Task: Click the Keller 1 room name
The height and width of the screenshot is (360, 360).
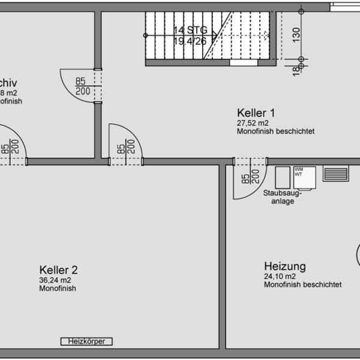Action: point(256,113)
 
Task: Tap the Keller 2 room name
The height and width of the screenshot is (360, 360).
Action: point(58,270)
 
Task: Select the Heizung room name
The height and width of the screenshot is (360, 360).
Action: point(285,266)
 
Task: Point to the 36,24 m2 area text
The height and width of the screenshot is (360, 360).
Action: point(55,280)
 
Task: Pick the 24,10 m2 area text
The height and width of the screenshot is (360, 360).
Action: point(280,277)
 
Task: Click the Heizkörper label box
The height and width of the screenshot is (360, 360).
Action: point(87,341)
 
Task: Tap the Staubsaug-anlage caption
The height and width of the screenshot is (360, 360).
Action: point(283,197)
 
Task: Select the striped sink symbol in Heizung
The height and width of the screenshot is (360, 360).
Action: point(336,174)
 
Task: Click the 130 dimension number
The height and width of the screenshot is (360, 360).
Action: point(296,34)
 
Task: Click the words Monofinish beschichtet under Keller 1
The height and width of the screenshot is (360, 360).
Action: point(275,131)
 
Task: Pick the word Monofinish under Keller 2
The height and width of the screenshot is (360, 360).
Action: point(58,289)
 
